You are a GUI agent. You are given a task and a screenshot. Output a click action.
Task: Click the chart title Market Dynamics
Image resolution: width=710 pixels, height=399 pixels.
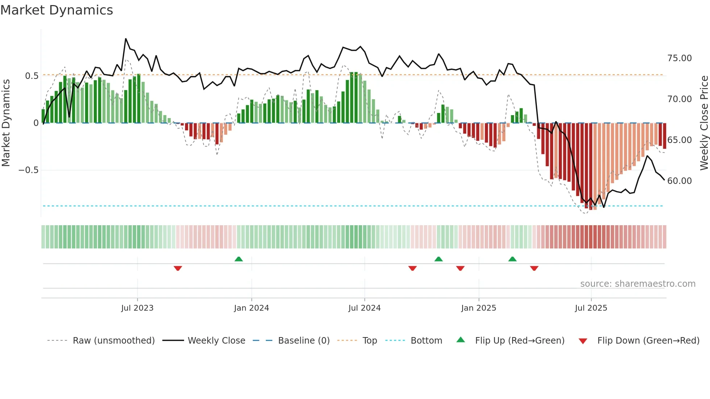57,10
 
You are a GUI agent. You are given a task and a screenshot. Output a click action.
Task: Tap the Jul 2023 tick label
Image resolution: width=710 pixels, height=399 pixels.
137,308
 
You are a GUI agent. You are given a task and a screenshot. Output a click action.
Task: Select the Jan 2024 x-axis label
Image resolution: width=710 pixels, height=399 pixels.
251,308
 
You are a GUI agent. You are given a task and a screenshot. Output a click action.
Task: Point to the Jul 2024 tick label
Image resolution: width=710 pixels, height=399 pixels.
364,308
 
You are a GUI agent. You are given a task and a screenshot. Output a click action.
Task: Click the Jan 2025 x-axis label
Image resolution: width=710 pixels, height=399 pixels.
479,308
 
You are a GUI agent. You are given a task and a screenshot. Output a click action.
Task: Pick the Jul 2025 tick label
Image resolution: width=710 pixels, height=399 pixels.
591,308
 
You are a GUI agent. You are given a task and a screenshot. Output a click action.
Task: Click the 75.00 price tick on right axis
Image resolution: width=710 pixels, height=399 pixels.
679,58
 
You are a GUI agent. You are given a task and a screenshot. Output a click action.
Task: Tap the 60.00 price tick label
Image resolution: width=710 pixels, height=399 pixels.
679,181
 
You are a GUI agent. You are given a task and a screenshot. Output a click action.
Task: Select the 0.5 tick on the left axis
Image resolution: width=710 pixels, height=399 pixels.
32,76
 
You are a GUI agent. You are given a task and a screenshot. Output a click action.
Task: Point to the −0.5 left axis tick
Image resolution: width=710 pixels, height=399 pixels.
28,170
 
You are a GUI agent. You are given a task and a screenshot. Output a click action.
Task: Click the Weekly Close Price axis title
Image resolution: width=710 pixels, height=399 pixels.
704,123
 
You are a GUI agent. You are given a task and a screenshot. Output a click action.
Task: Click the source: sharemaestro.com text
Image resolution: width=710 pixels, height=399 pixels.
638,284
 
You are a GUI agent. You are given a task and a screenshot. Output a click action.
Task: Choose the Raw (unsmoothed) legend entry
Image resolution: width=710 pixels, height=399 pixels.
113,341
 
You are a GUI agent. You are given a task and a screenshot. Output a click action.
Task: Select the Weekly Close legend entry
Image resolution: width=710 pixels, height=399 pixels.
216,341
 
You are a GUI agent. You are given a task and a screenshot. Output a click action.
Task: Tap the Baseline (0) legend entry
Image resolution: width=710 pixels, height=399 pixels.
304,341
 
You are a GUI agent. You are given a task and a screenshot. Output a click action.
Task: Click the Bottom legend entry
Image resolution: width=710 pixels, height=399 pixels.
426,341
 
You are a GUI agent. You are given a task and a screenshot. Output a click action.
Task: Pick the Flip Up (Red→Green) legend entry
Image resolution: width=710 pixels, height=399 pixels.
519,341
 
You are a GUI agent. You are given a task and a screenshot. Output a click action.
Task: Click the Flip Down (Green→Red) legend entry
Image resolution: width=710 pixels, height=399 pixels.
648,341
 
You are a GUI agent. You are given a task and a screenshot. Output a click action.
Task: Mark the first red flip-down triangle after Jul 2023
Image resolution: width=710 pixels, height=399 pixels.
177,268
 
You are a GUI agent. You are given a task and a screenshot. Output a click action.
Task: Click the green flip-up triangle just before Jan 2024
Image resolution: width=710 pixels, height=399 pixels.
238,259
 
